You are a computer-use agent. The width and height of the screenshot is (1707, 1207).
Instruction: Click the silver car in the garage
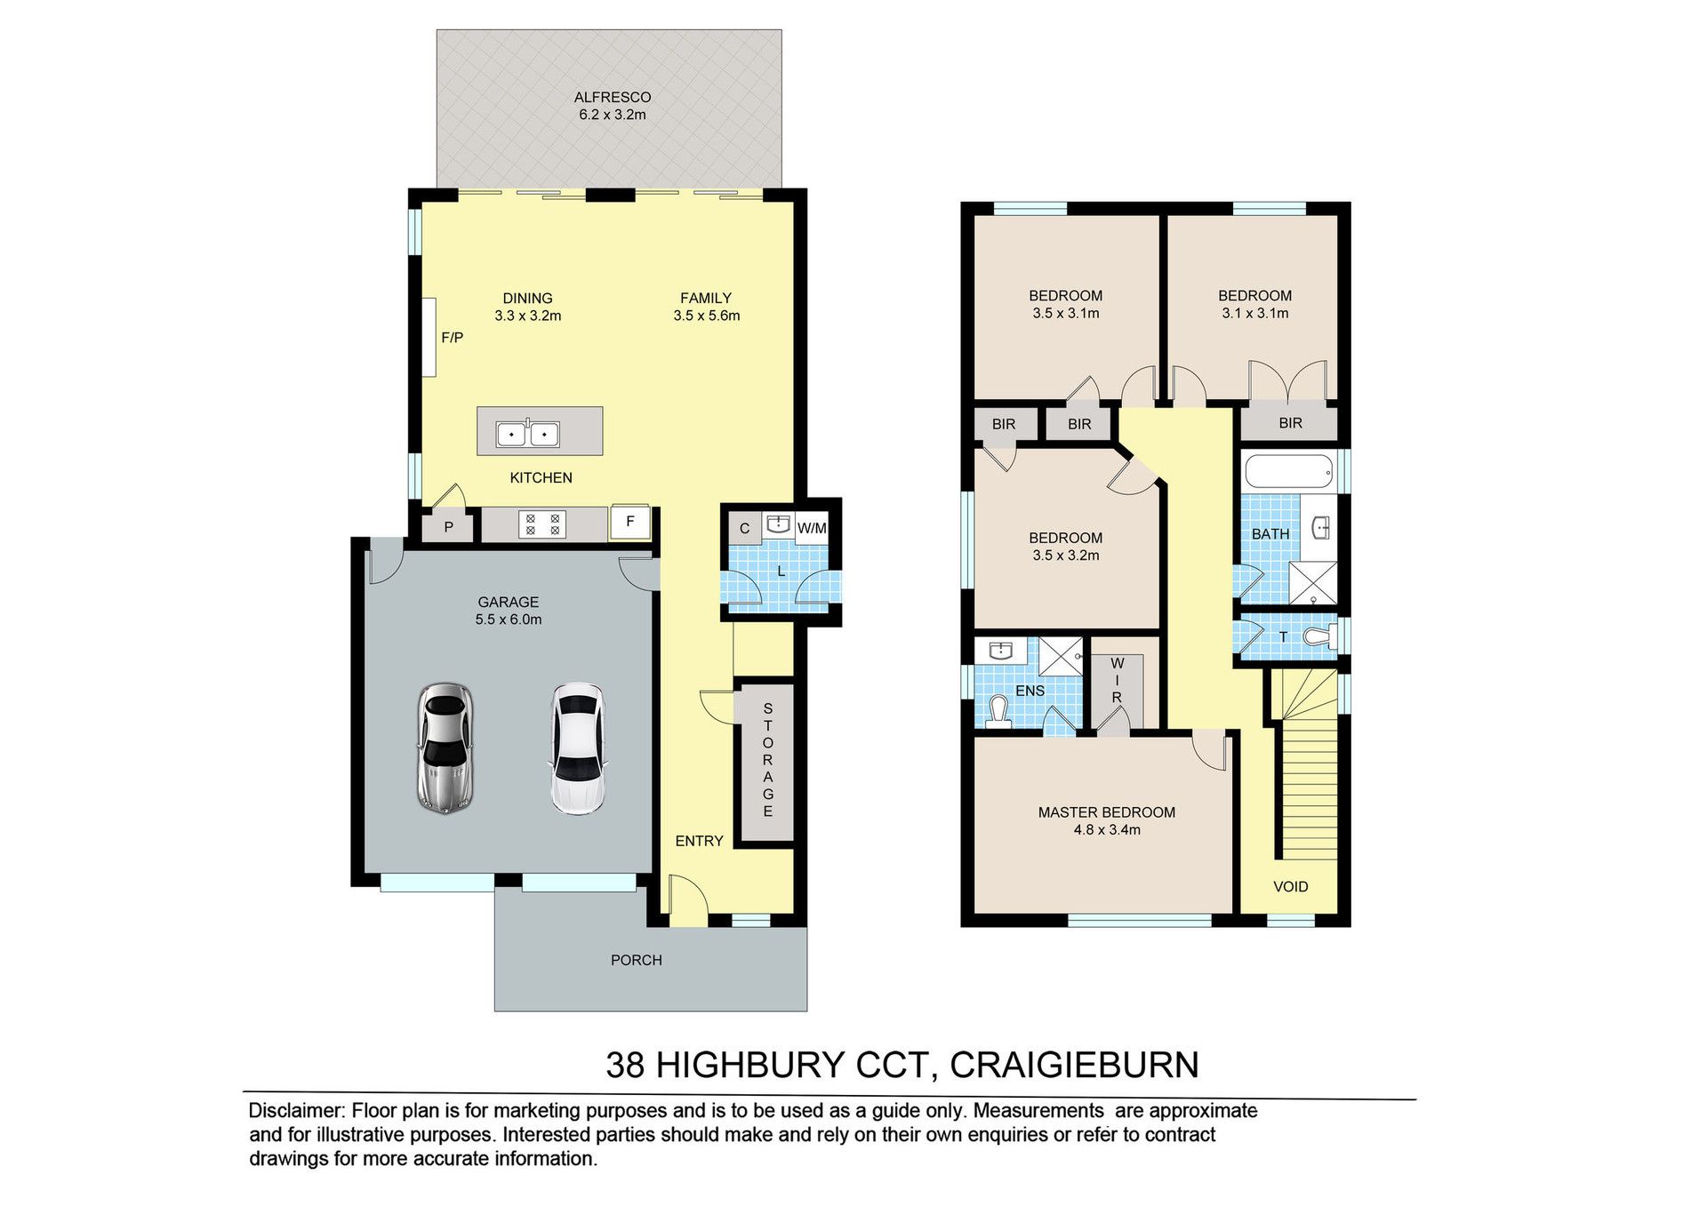(x=445, y=747)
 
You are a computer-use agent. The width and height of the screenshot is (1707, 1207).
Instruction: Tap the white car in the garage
(x=578, y=748)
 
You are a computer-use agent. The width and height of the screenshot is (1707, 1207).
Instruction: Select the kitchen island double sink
(x=527, y=434)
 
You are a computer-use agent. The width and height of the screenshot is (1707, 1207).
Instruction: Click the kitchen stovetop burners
(x=542, y=524)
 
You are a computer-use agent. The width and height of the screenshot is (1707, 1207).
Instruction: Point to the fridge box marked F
(x=630, y=522)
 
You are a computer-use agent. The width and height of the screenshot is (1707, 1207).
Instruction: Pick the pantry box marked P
(x=449, y=527)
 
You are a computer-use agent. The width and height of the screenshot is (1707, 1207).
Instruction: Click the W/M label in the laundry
(x=812, y=528)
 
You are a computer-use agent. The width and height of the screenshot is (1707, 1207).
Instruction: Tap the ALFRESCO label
(x=613, y=97)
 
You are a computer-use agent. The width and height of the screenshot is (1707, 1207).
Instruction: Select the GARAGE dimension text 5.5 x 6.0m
(x=509, y=619)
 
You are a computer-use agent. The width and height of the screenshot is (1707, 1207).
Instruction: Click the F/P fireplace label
(x=453, y=338)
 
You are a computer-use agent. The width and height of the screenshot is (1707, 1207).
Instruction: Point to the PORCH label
(x=637, y=960)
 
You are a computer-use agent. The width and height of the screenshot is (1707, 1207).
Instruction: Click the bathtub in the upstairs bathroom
(x=1289, y=471)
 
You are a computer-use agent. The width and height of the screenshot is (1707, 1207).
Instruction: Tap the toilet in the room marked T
(x=1320, y=636)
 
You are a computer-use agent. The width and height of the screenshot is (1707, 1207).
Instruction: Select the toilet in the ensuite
(x=998, y=713)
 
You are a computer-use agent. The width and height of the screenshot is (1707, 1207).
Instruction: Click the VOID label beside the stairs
(x=1291, y=886)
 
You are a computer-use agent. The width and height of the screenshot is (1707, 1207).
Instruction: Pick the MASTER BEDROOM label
(x=1107, y=812)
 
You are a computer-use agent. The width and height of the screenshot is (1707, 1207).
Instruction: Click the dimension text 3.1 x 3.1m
(x=1255, y=313)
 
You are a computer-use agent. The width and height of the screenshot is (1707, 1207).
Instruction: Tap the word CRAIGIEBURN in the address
(x=1075, y=1065)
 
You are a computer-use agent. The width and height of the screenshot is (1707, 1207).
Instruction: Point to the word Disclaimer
(x=296, y=1110)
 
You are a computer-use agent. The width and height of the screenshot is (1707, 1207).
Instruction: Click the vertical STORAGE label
(x=768, y=760)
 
